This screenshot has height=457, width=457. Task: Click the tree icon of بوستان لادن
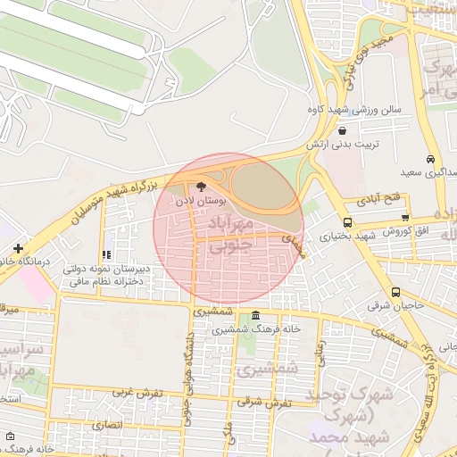(199, 188)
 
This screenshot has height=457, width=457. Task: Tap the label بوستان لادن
(197, 203)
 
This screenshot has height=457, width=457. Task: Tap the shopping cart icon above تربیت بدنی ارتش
(342, 130)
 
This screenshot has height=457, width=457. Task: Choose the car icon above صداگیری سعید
(431, 158)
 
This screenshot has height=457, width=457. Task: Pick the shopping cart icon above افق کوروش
(405, 217)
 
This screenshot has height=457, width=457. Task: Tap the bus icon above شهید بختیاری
(347, 222)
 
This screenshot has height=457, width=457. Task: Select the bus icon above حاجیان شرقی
(395, 292)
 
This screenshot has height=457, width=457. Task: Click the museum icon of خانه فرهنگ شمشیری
(256, 315)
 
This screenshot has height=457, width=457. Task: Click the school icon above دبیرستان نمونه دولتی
(107, 255)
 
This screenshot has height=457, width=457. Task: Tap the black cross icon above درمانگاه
(18, 247)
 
